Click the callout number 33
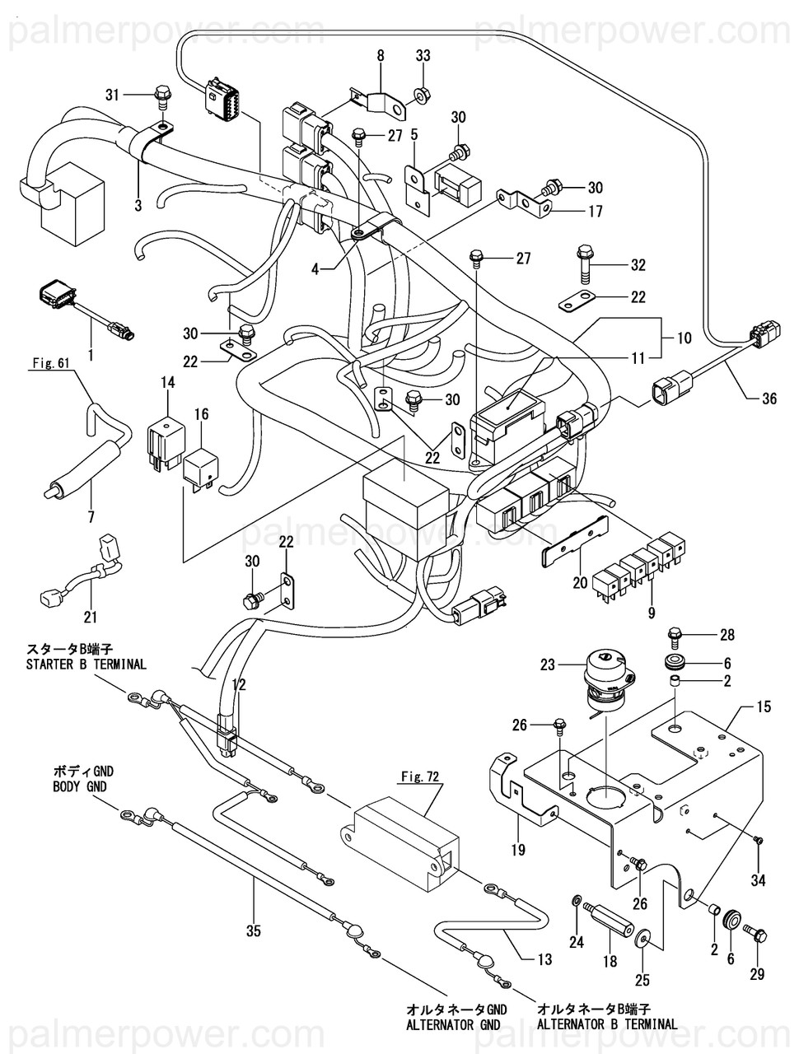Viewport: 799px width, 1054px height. click(x=423, y=56)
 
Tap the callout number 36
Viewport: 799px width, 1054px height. click(x=769, y=398)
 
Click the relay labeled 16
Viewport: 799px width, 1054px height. click(x=199, y=470)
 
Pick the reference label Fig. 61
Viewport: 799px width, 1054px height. click(x=51, y=363)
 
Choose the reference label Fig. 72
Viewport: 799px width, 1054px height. click(x=418, y=777)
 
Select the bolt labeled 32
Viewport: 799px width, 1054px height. click(x=586, y=265)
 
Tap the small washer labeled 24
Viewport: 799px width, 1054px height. click(x=575, y=898)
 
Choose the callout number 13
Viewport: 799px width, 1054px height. click(x=544, y=959)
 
